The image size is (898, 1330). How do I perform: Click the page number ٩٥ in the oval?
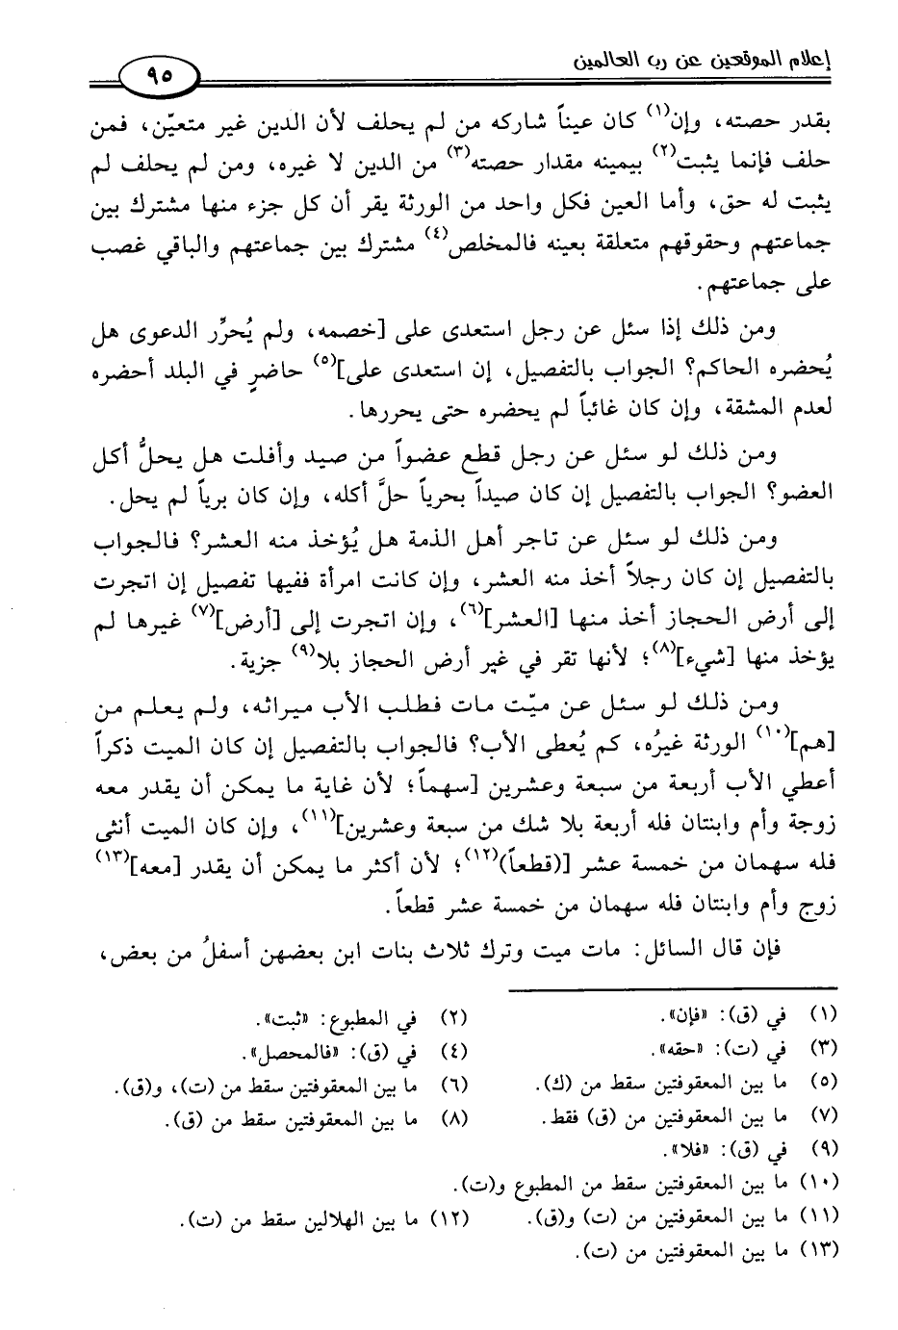tap(156, 75)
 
